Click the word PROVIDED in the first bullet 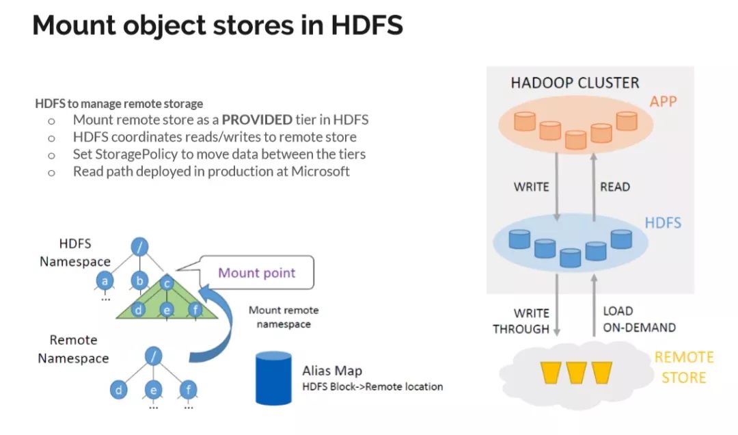[x=257, y=120]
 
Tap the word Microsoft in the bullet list [x=320, y=171]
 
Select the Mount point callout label [x=256, y=272]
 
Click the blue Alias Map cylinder [x=273, y=378]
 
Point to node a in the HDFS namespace [x=105, y=281]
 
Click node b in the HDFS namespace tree [x=139, y=281]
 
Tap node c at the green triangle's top [x=167, y=284]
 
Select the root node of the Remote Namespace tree [x=154, y=356]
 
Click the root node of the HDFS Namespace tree [x=139, y=246]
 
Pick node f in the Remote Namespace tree [x=189, y=390]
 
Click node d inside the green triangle [x=138, y=310]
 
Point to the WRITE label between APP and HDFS [x=532, y=187]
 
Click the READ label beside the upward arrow [x=615, y=187]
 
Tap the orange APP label [x=663, y=101]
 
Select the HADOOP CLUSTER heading [x=575, y=83]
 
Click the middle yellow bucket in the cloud [x=576, y=372]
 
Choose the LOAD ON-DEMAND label [x=639, y=319]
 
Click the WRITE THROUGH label [x=521, y=321]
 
